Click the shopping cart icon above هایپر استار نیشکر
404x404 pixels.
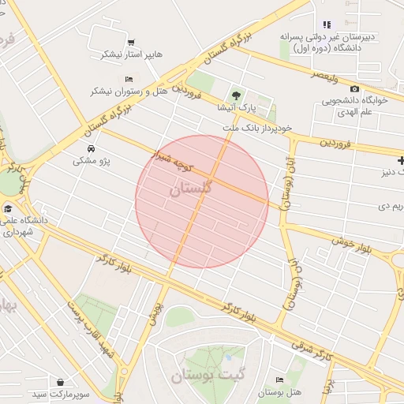click(x=130, y=43)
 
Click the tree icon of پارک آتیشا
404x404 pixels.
click(x=234, y=95)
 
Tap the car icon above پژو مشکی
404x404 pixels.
click(x=92, y=148)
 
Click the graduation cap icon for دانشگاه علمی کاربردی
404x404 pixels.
click(x=9, y=208)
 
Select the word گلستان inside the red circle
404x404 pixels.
click(x=190, y=189)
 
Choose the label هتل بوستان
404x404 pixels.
click(x=280, y=392)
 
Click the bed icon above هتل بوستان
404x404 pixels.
click(x=281, y=381)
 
